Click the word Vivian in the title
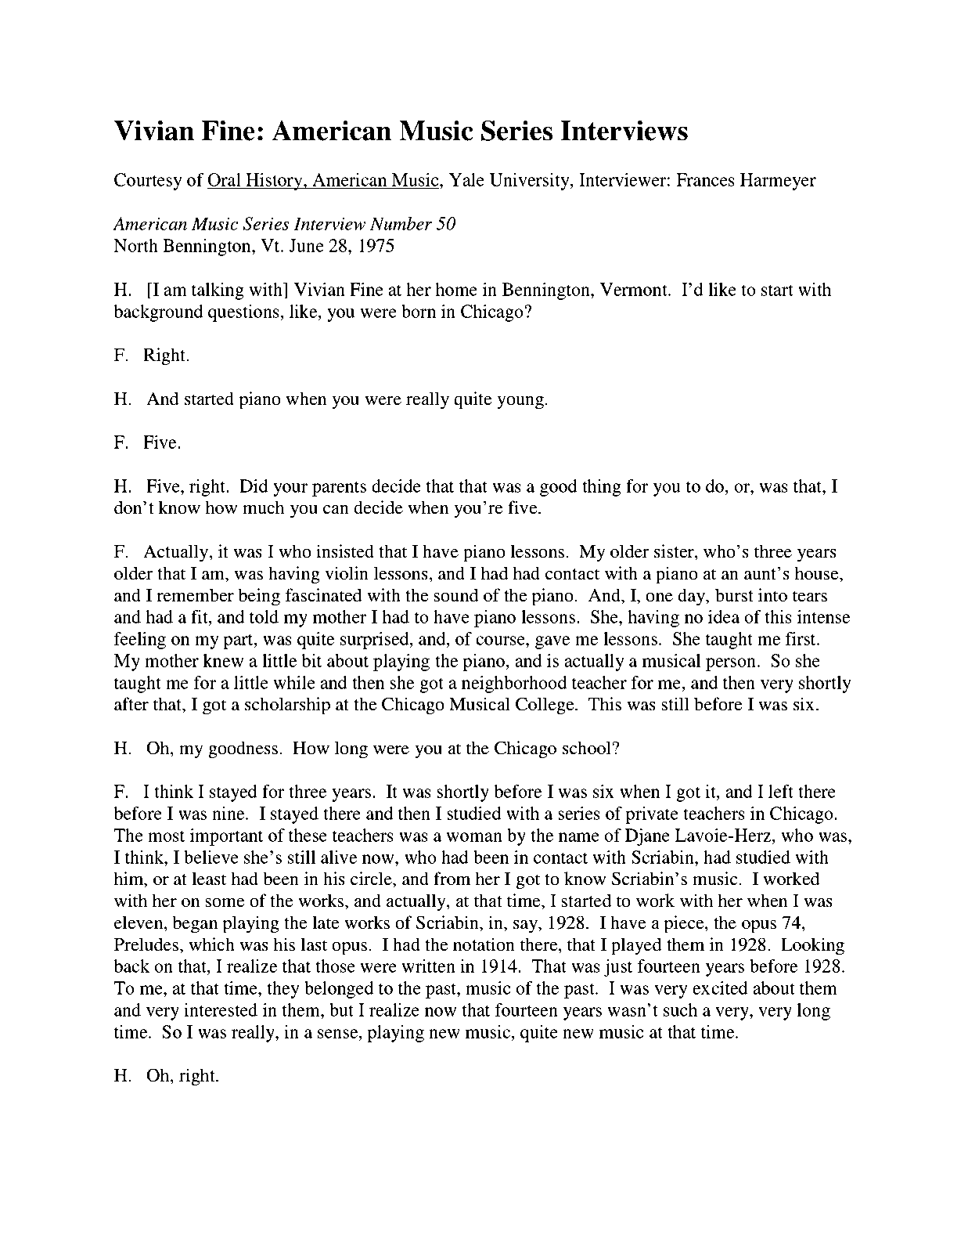152,131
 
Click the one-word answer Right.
166,356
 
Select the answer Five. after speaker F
162,443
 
